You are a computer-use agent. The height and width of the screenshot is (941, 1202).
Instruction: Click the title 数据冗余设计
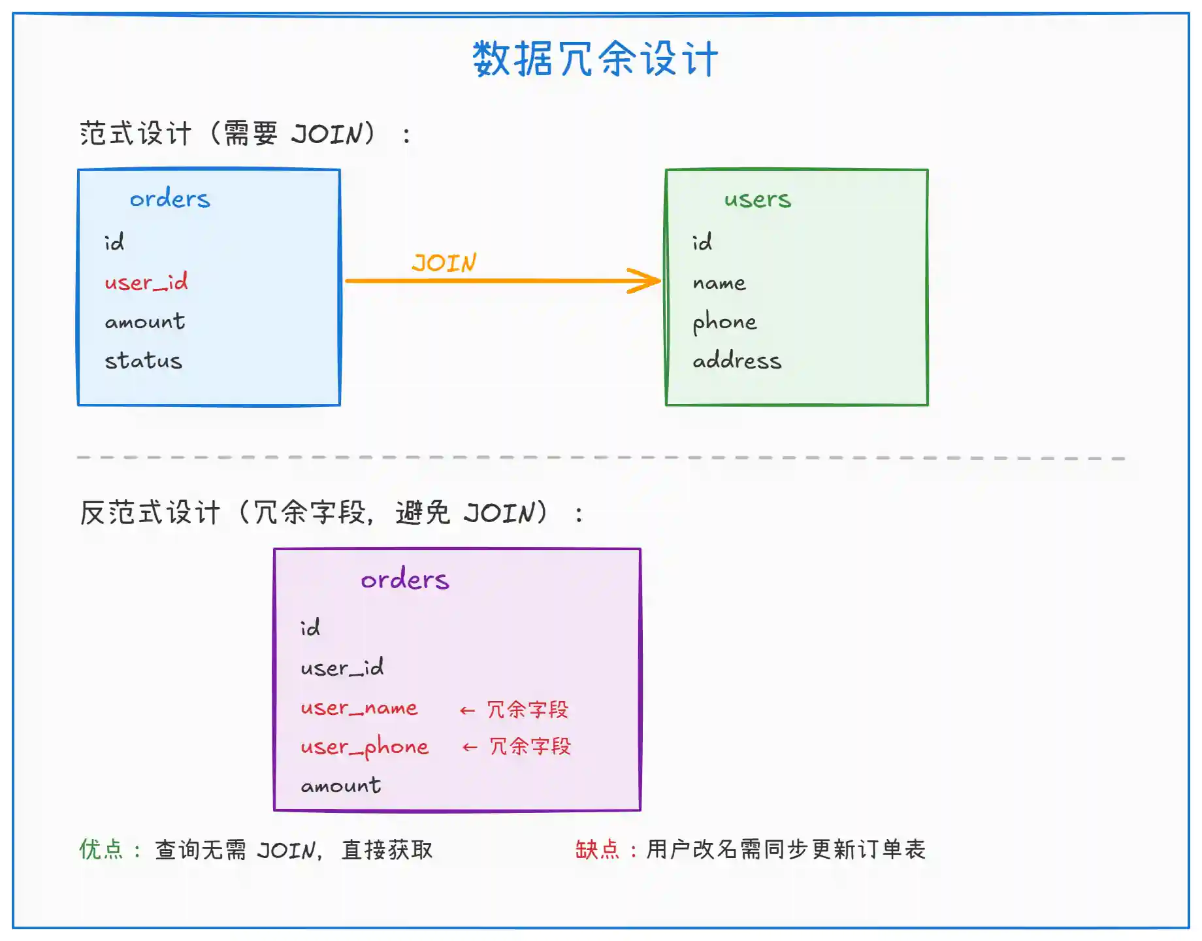pyautogui.click(x=595, y=59)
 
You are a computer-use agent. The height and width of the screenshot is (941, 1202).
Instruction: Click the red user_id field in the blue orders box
pyautogui.click(x=146, y=282)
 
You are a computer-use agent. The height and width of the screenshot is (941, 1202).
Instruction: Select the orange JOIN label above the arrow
pyautogui.click(x=444, y=263)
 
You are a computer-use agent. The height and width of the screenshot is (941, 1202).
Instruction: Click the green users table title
pyautogui.click(x=757, y=199)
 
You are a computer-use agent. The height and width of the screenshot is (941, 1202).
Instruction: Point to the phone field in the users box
pyautogui.click(x=724, y=322)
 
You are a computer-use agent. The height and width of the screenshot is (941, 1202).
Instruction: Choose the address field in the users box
pyautogui.click(x=737, y=361)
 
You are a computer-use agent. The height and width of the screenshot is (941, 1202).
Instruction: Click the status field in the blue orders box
pyautogui.click(x=143, y=361)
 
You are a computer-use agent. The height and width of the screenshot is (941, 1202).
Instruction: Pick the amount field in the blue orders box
pyautogui.click(x=144, y=322)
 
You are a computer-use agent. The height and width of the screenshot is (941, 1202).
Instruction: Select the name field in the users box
pyautogui.click(x=719, y=283)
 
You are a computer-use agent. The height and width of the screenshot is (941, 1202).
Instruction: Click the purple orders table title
pyautogui.click(x=405, y=580)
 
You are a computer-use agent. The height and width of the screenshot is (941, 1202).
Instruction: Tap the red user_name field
pyautogui.click(x=359, y=708)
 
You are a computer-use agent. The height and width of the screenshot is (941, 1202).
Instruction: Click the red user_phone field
pyautogui.click(x=365, y=747)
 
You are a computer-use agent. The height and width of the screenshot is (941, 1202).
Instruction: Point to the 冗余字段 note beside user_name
pyautogui.click(x=528, y=710)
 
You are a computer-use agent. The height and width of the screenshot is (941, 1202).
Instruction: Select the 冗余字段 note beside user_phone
pyautogui.click(x=530, y=746)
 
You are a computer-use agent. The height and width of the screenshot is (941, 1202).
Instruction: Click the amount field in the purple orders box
pyautogui.click(x=340, y=785)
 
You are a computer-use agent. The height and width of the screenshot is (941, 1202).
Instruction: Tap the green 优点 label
pyautogui.click(x=101, y=850)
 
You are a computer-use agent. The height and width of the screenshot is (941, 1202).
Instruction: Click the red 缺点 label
pyautogui.click(x=597, y=850)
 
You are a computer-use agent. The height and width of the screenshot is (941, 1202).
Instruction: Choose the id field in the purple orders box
pyautogui.click(x=310, y=628)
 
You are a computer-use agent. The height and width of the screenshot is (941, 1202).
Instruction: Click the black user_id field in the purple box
pyautogui.click(x=342, y=668)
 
